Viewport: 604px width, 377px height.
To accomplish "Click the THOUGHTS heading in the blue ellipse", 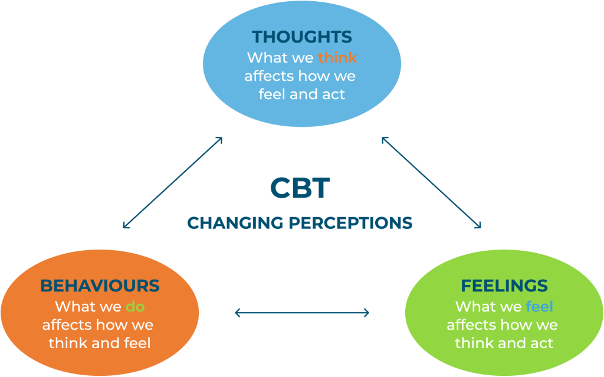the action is (x=301, y=37).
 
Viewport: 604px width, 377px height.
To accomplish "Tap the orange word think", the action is (x=337, y=57).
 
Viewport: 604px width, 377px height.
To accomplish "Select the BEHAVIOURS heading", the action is (x=100, y=286).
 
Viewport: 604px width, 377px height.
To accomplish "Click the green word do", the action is (x=135, y=306).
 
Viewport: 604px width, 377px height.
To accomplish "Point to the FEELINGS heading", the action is (x=504, y=286).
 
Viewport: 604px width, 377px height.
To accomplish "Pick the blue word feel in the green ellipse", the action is (x=539, y=306).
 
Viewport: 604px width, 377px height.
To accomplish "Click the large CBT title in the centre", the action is (x=300, y=188).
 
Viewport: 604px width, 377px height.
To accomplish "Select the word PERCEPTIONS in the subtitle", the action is (x=350, y=223).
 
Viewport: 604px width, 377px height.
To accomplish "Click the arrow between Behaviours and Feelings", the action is (x=302, y=313).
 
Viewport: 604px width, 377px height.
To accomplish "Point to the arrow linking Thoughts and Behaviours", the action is (x=173, y=183).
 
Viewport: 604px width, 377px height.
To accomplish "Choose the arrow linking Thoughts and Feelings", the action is (x=431, y=183).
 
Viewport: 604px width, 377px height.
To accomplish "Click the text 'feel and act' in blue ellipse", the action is (x=301, y=94).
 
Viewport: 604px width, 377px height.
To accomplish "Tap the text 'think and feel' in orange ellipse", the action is (x=99, y=343).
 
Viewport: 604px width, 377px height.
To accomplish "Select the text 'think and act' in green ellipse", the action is (x=504, y=343).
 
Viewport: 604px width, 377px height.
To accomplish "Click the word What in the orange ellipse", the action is (x=74, y=306).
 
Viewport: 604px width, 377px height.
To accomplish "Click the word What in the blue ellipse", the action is (x=265, y=57).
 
